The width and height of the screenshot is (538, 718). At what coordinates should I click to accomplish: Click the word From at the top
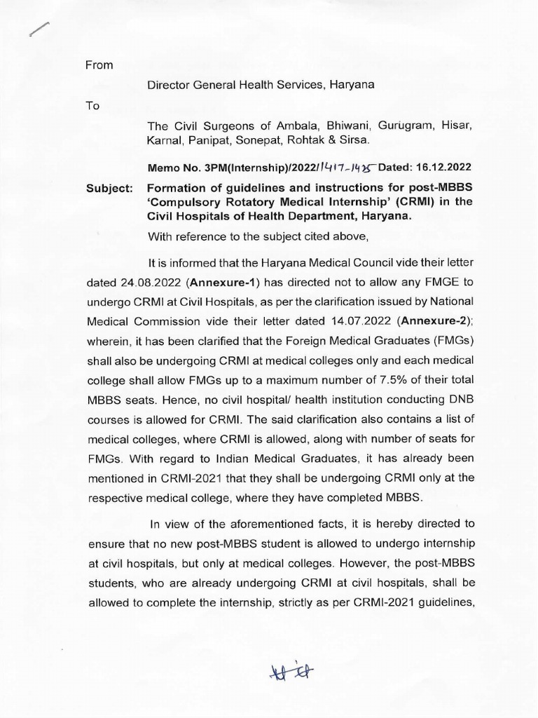99,65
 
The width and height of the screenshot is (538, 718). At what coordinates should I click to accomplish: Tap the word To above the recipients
92,106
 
